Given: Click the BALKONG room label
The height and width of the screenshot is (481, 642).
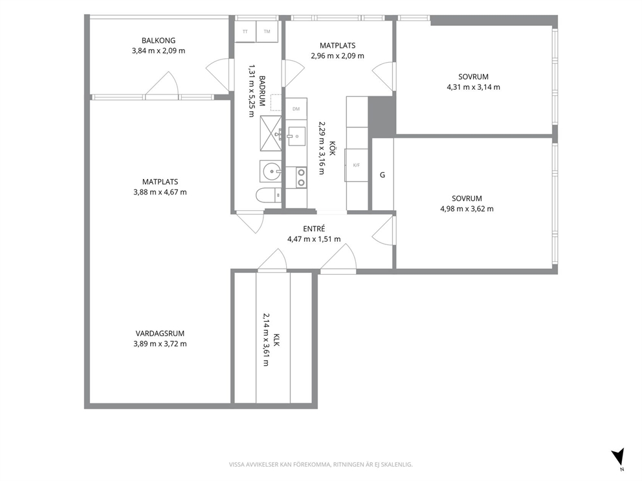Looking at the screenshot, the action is tap(159, 41).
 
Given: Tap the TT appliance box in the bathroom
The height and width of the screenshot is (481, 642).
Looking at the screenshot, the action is tap(245, 32).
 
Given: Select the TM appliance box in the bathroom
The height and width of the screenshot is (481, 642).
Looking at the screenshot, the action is tap(267, 32).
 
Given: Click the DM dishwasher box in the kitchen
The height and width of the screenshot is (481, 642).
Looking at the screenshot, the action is tap(296, 109).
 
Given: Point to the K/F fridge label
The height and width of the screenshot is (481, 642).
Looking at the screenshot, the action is tap(356, 166).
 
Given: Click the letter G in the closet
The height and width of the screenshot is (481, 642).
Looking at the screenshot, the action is tap(382, 175).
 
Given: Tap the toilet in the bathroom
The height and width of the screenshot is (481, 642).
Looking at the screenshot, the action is tap(269, 195).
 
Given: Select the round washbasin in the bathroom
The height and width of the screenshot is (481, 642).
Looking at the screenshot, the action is tap(271, 171).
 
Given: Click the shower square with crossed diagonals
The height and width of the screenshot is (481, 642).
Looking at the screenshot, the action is tap(271, 133).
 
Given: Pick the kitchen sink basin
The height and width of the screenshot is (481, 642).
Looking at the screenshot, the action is tap(296, 136).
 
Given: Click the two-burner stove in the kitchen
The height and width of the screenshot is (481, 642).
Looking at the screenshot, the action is tap(301, 178).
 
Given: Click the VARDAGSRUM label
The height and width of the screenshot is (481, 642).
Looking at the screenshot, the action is tap(160, 334).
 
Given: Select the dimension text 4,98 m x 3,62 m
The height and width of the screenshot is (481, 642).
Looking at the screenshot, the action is tap(467, 209).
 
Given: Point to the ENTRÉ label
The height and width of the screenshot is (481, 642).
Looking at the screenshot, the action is tap(314, 229).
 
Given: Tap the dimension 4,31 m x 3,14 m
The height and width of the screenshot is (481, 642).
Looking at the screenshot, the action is tap(473, 87).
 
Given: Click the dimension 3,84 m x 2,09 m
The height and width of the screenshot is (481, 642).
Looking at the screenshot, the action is tap(159, 50).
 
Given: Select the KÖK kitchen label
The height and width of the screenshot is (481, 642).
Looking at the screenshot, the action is tap(333, 148).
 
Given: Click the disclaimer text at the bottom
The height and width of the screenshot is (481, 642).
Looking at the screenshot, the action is tap(320, 464).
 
